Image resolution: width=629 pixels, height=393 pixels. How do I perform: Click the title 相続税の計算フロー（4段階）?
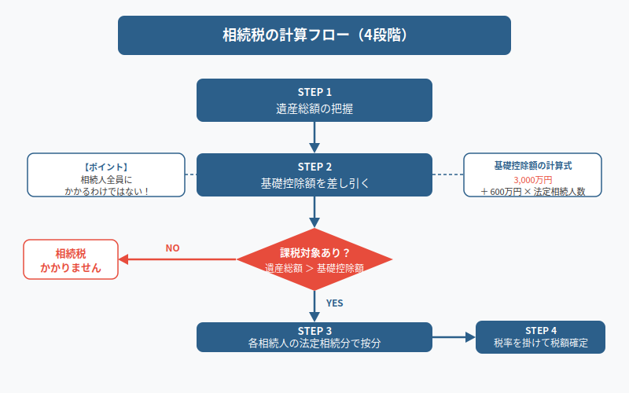click(x=314, y=35)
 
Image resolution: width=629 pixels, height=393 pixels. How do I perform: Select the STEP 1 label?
click(x=314, y=92)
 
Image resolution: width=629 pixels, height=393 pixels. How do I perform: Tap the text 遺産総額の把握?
click(x=314, y=109)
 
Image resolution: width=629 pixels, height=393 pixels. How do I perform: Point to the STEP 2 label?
click(x=314, y=167)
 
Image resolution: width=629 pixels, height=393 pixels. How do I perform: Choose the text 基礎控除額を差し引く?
click(x=314, y=184)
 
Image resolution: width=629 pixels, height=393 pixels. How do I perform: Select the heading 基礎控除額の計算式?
click(x=533, y=166)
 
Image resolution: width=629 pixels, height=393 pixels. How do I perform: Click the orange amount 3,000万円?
click(x=533, y=178)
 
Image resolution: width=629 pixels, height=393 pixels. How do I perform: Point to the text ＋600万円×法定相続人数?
click(x=533, y=191)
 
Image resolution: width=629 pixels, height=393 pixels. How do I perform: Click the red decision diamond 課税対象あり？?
click(x=314, y=253)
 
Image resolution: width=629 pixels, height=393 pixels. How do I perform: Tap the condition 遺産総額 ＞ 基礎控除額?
click(x=314, y=268)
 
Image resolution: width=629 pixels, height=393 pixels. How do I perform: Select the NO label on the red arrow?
click(x=172, y=248)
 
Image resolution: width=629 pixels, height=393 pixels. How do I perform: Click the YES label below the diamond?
click(x=334, y=303)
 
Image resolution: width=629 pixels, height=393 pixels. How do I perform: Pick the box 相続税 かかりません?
click(x=71, y=260)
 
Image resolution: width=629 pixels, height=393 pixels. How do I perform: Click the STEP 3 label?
click(x=314, y=330)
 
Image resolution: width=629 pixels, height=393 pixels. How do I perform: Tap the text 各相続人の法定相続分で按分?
click(x=314, y=343)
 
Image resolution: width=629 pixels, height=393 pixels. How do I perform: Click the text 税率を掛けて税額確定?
click(x=541, y=343)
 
